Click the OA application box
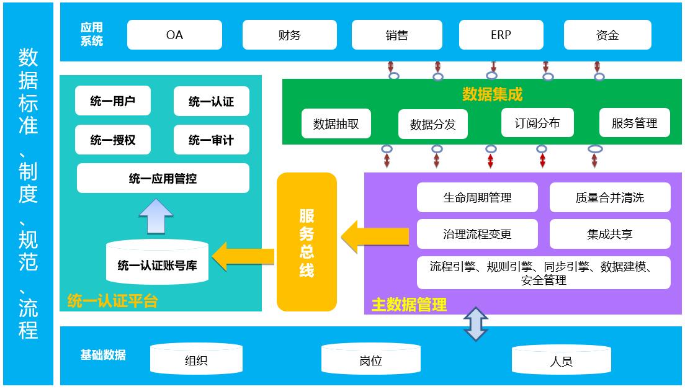pos(174,35)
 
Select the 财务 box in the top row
pos(289,35)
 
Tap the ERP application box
pos(501,35)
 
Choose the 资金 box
pos(607,35)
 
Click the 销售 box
pos(396,35)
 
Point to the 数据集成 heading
pos(492,94)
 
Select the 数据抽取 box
pos(336,123)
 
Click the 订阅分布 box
pos(537,123)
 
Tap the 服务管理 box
pos(634,123)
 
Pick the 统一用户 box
pos(112,101)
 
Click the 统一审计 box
pos(211,140)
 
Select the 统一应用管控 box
pos(163,179)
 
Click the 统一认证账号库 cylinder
pos(157,263)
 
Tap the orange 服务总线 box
pos(307,242)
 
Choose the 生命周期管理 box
pos(477,197)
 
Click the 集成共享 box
pos(609,234)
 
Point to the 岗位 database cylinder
pos(370,359)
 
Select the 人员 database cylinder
pos(561,360)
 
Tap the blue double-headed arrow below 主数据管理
pos(476,324)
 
